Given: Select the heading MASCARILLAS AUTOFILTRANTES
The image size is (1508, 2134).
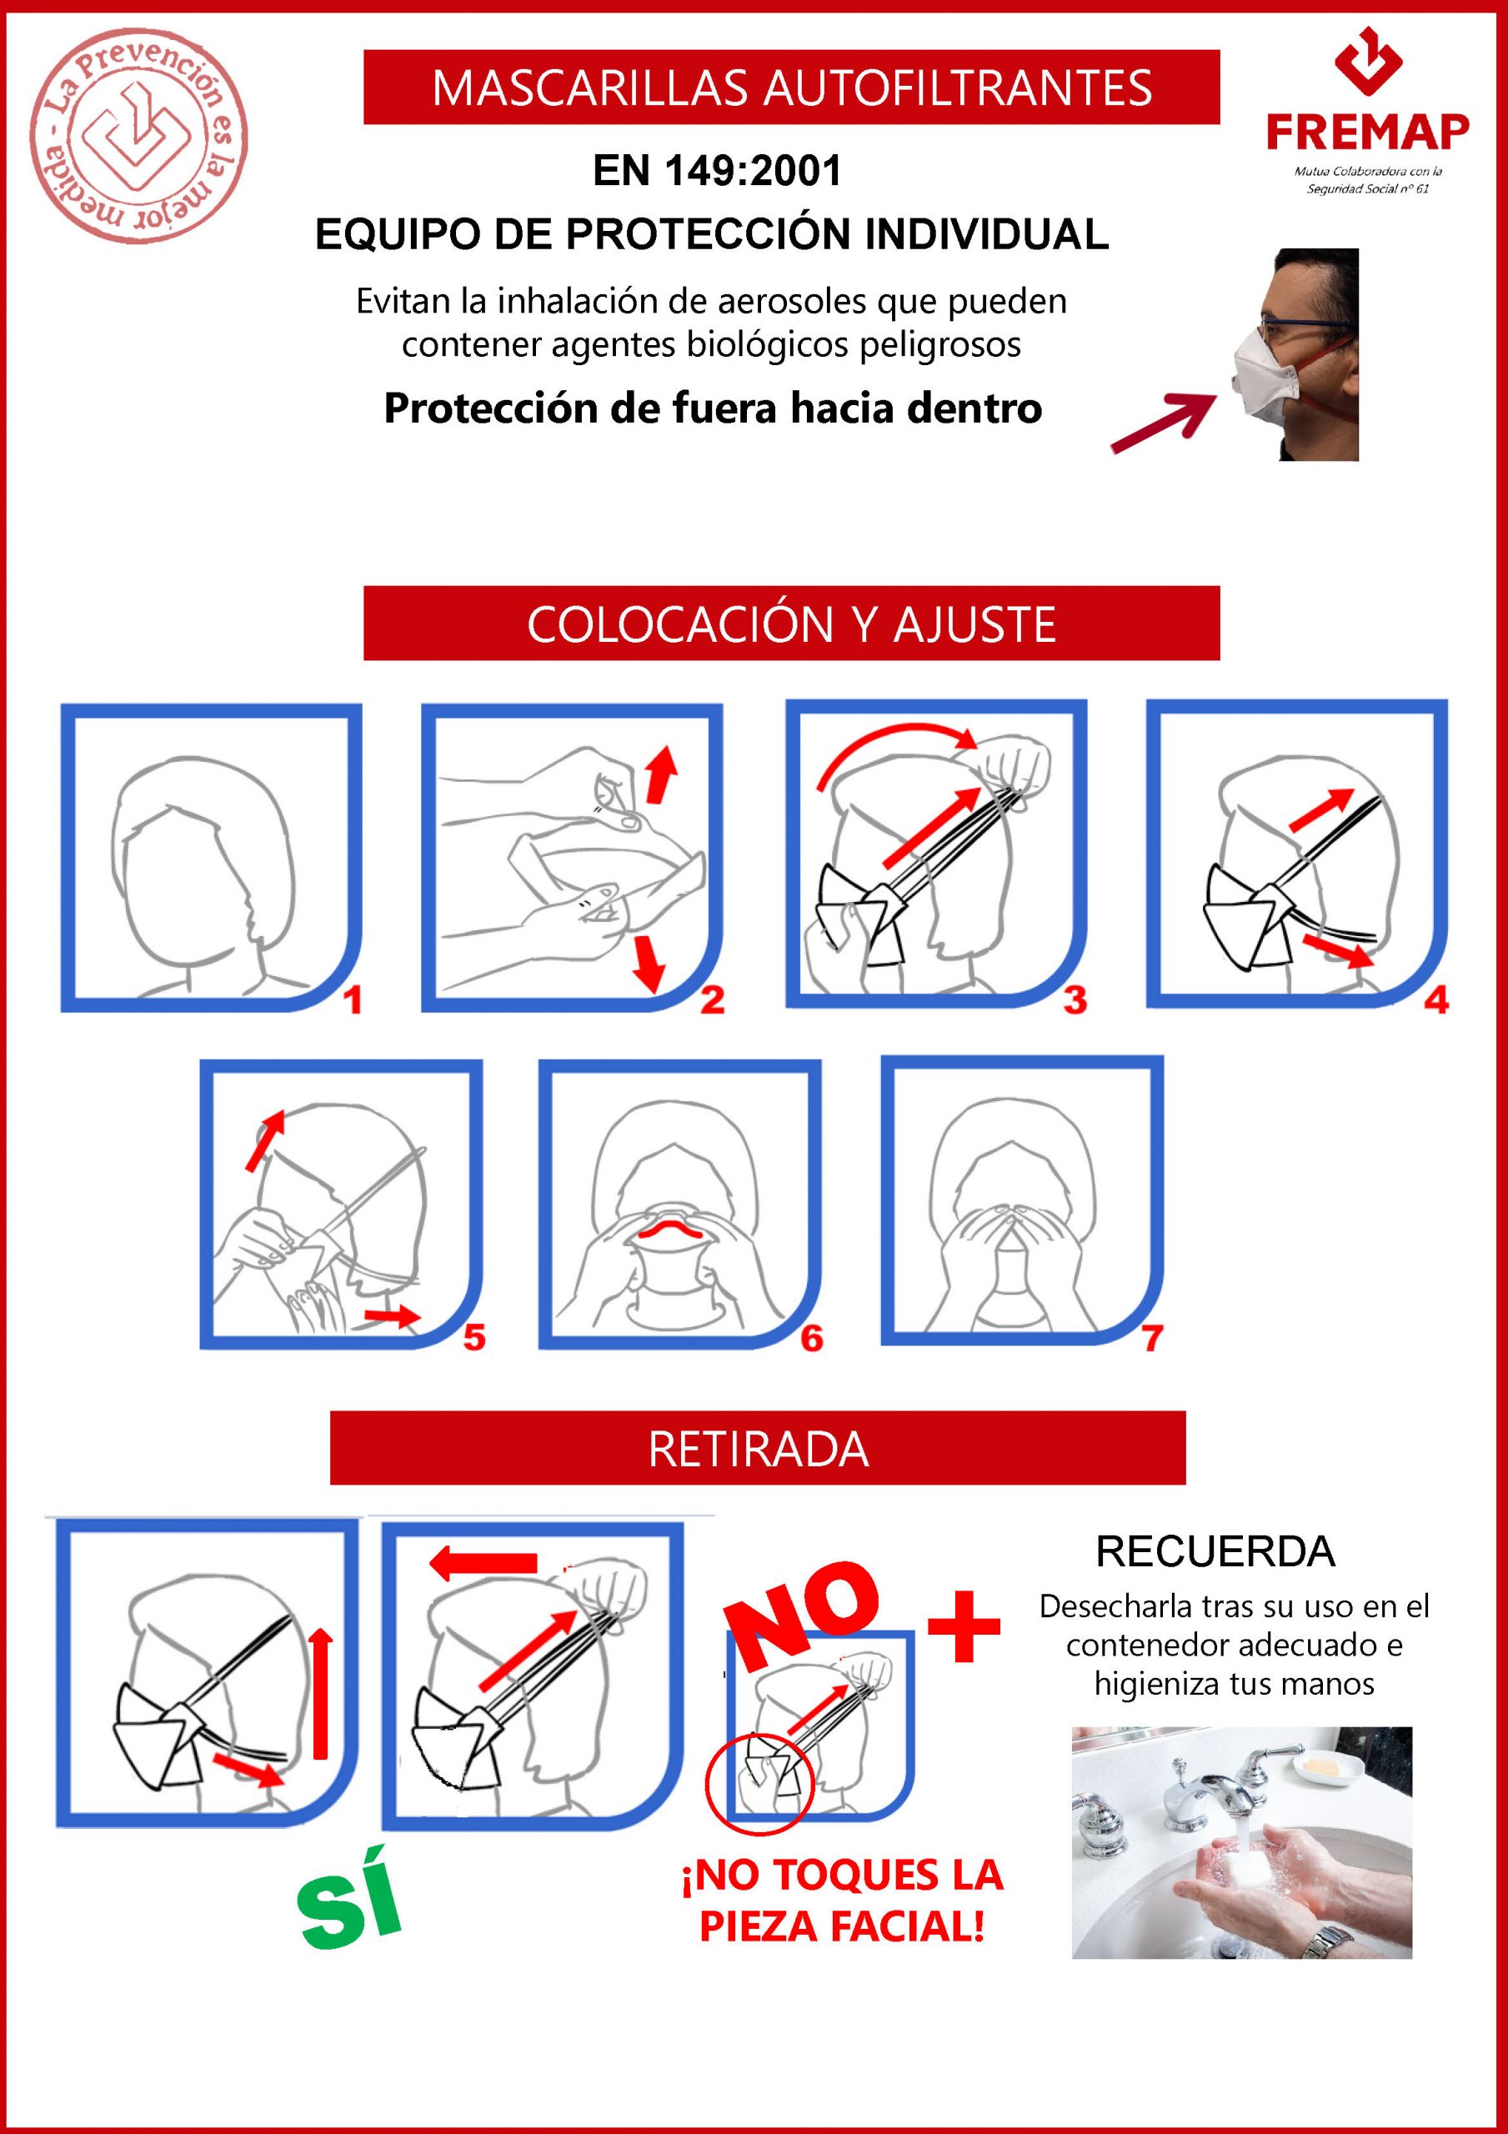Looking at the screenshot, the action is pyautogui.click(x=791, y=88).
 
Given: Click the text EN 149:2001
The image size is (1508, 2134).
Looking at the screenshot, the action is pyautogui.click(x=717, y=170).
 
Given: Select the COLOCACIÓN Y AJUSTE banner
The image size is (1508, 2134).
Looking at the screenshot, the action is pyautogui.click(x=791, y=623).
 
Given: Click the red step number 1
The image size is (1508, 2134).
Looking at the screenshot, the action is pyautogui.click(x=353, y=1001).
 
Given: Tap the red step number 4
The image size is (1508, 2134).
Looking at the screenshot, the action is pyautogui.click(x=1436, y=1000).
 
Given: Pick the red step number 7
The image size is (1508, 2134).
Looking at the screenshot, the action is pyautogui.click(x=1153, y=1339).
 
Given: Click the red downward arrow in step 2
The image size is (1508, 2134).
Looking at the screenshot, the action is pyautogui.click(x=647, y=965).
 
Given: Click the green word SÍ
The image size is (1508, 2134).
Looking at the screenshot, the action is pyautogui.click(x=350, y=1900).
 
